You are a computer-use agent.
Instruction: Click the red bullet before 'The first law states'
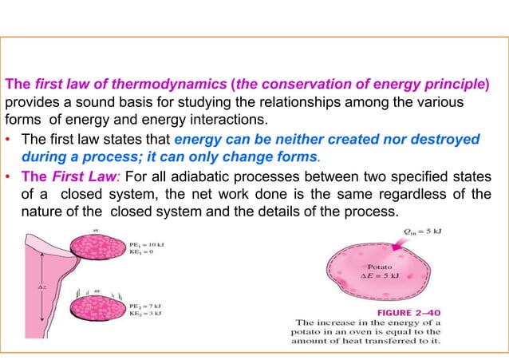click(x=7, y=138)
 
